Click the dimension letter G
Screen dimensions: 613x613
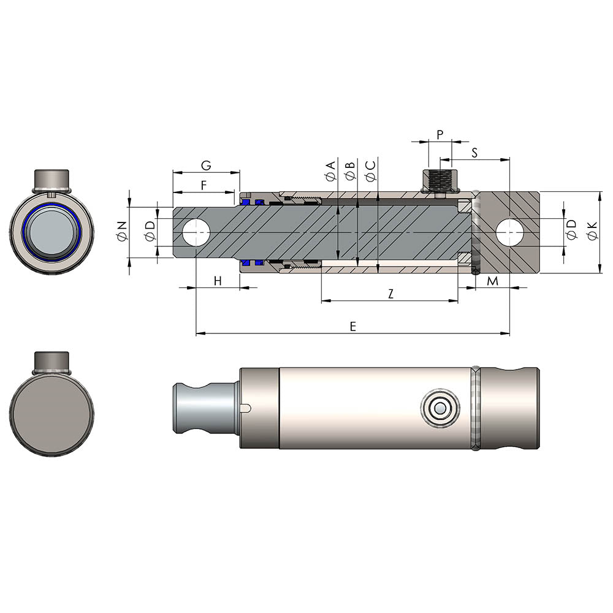click(x=206, y=166)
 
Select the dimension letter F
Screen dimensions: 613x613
click(x=204, y=184)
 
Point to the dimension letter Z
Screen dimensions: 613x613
click(x=390, y=294)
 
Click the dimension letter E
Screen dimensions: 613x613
click(x=352, y=327)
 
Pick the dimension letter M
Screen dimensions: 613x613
click(x=492, y=281)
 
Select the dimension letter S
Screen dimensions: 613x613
click(x=475, y=152)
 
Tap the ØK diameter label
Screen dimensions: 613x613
click(x=591, y=232)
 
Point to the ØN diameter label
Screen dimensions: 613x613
click(x=121, y=232)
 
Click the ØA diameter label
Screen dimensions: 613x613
click(x=330, y=171)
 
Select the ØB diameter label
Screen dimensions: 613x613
click(x=349, y=171)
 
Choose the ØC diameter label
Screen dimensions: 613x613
click(x=370, y=171)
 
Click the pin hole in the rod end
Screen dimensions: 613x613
click(x=196, y=232)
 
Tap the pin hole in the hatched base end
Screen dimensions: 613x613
click(x=510, y=232)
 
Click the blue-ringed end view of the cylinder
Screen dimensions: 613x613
click(x=52, y=232)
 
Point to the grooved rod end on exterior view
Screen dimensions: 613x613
click(x=196, y=408)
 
